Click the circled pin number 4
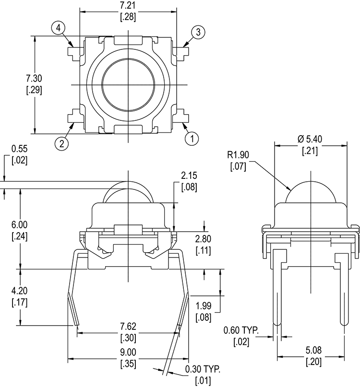coord(58,28)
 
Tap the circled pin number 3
coord(198,32)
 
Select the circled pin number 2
coord(61,144)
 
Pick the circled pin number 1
coord(192,139)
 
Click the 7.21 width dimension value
coord(128,5)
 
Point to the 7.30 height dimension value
coord(34,79)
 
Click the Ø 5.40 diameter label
coord(310,139)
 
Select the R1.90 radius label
coord(238,155)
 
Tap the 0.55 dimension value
coord(20,149)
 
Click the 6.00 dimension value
coord(20,225)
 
